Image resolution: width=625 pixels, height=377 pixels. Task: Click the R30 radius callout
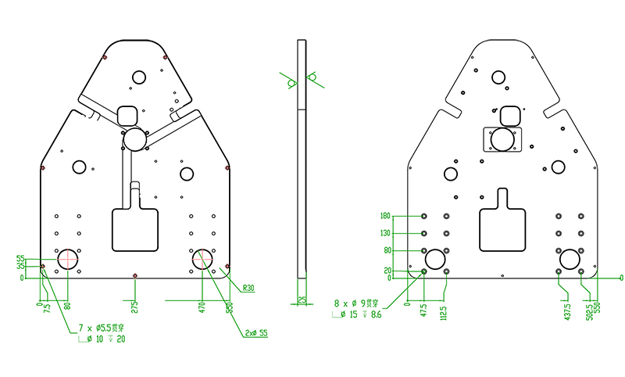tap(248, 288)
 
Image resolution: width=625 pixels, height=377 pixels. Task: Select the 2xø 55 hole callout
tap(255, 333)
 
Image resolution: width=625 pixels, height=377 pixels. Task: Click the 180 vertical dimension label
tap(384, 216)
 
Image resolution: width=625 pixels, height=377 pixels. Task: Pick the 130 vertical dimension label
tap(384, 233)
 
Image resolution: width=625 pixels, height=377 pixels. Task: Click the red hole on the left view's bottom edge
tap(135, 275)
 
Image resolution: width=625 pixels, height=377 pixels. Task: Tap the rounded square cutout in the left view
tap(127, 116)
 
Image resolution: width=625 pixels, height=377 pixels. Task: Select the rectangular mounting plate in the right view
tap(502, 140)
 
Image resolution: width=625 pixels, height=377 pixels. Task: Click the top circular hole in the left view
tap(139, 77)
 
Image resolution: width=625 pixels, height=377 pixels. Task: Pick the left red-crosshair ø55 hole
tap(67, 259)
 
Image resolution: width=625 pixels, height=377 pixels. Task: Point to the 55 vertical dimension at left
tap(20, 258)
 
